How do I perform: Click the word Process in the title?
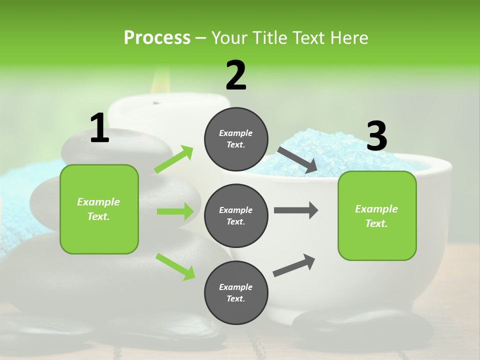coord(157,38)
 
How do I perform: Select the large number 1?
coord(99,128)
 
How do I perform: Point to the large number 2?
coord(236,75)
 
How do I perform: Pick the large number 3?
coord(376,136)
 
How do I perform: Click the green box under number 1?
coord(99,209)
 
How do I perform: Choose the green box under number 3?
coord(377,215)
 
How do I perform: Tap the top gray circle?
coord(236,139)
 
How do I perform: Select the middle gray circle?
coord(236,215)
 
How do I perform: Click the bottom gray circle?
coord(236,292)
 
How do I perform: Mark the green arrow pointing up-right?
coord(174,159)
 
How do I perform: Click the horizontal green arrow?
coord(175,211)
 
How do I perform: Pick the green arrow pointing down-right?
coord(175,266)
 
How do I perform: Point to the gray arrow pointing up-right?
coord(294,265)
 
